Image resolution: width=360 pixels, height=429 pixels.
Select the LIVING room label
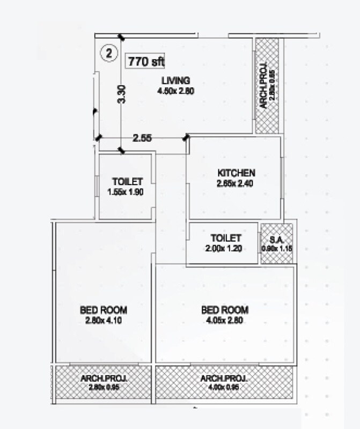click(175, 81)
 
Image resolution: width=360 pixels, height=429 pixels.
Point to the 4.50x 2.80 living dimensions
click(175, 91)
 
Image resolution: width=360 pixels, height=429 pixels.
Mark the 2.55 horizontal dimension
click(142, 138)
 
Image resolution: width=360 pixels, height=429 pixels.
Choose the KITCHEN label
click(236, 173)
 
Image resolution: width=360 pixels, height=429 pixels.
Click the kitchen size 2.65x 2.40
click(235, 183)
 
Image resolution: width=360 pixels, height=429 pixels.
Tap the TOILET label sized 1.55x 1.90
click(127, 181)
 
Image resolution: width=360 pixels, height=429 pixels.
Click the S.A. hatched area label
click(276, 238)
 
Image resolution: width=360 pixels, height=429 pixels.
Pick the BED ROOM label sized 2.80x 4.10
click(104, 310)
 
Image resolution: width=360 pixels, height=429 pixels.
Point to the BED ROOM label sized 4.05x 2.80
click(225, 310)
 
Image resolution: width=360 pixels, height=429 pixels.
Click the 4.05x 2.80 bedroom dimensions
click(225, 320)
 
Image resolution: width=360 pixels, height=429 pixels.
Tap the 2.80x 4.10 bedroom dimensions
click(104, 320)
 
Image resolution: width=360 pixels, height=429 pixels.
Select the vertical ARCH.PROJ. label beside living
click(264, 88)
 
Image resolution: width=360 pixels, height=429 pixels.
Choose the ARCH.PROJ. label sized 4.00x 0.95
click(224, 379)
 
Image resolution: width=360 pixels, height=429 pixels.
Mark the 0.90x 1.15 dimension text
click(276, 248)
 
